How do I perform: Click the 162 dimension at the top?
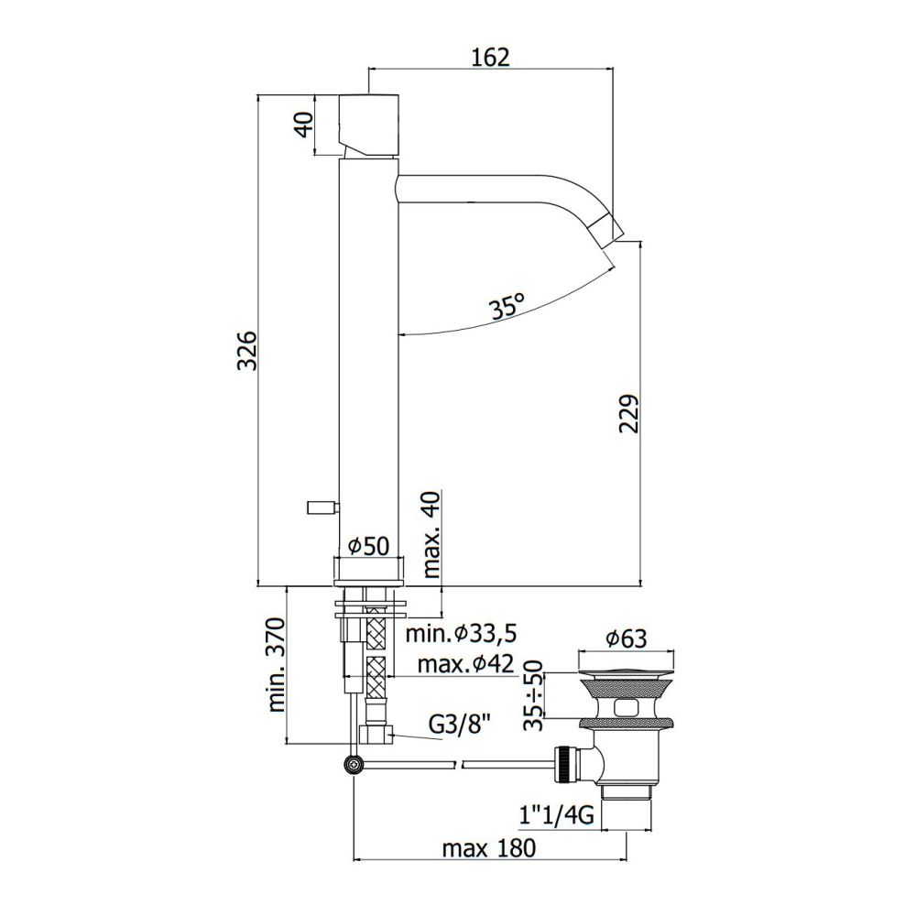coord(490,57)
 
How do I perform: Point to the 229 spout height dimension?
coord(628,414)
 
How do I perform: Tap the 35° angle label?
coord(507,306)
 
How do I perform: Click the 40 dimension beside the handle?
coord(304,125)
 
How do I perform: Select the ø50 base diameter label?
coord(368,546)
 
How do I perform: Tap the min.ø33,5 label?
coord(462,633)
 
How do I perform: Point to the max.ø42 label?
coord(465,663)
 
